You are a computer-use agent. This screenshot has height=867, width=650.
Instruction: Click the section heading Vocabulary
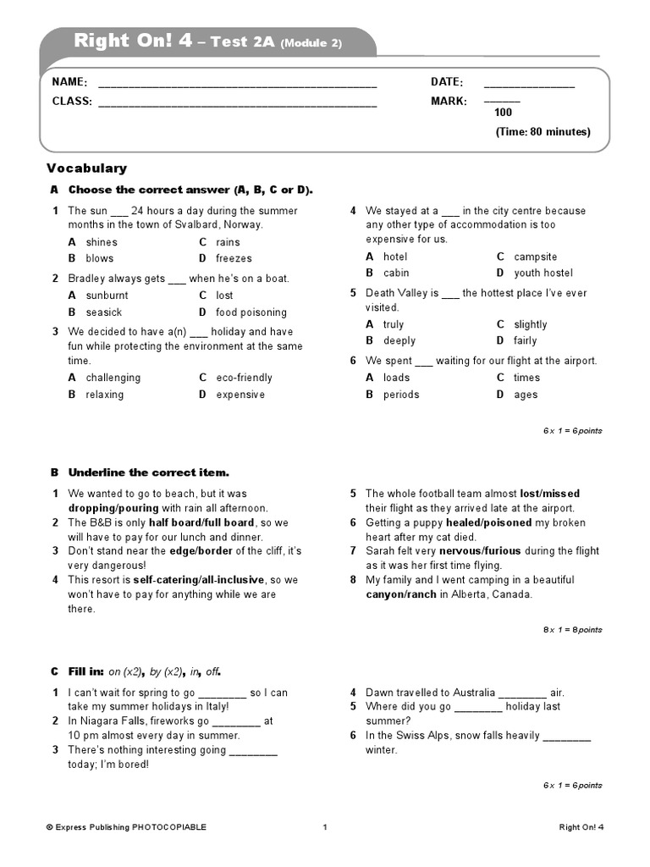point(86,168)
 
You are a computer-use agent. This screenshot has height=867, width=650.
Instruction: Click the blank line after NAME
point(237,86)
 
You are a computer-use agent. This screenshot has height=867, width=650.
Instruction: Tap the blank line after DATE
point(528,86)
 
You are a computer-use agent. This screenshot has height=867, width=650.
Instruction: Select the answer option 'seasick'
point(103,312)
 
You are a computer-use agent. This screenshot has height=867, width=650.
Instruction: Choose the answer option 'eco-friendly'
point(244,378)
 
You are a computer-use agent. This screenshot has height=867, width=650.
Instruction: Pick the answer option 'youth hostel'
point(543,273)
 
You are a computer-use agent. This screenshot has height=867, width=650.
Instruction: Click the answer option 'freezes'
point(234,258)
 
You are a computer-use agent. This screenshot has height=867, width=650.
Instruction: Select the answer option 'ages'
point(525,395)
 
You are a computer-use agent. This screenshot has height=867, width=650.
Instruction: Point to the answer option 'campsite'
point(535,257)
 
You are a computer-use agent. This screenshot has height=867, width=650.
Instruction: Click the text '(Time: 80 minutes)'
point(543,132)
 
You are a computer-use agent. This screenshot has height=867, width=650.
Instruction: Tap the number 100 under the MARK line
point(503,113)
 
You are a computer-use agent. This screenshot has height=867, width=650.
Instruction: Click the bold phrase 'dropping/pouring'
point(113,508)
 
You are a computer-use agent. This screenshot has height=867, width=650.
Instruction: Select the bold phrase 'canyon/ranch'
point(401,594)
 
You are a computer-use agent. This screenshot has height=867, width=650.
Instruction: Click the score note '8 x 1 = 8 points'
point(572,630)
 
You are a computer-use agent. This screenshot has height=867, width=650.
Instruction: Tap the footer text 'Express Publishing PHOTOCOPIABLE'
point(126,827)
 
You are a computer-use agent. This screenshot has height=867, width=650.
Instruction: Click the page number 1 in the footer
point(324,827)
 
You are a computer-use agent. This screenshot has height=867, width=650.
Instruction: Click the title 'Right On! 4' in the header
point(133,41)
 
